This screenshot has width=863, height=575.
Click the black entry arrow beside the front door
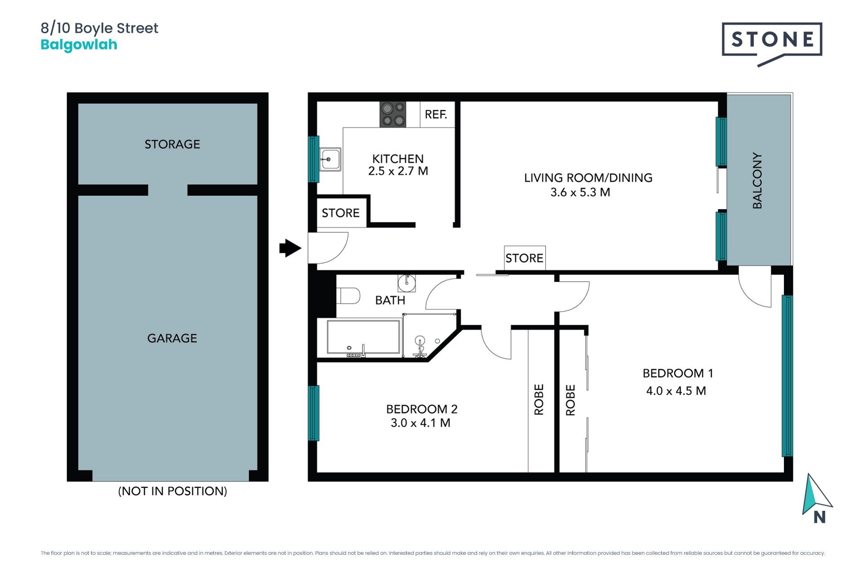click(290, 248)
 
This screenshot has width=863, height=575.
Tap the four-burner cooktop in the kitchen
click(393, 114)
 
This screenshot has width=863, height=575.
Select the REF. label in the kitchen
click(436, 115)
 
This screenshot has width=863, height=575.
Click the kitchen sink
click(330, 159)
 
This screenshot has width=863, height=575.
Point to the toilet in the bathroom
click(348, 296)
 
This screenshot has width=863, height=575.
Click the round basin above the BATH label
click(406, 283)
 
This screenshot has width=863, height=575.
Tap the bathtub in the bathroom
click(364, 336)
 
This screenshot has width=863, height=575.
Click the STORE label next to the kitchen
click(341, 213)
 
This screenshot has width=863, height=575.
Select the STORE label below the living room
click(525, 258)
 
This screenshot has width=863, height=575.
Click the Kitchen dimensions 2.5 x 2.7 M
click(398, 171)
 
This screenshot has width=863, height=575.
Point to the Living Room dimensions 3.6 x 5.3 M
click(580, 192)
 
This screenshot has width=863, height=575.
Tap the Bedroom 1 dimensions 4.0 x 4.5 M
click(676, 391)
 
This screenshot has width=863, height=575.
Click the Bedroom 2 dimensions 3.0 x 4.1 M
click(420, 423)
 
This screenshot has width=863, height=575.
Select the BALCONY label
click(757, 181)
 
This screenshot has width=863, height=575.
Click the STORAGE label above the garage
click(172, 144)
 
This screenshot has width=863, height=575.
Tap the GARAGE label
click(172, 338)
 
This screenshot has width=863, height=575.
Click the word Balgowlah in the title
click(79, 45)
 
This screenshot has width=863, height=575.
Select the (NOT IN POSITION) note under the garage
click(173, 491)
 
